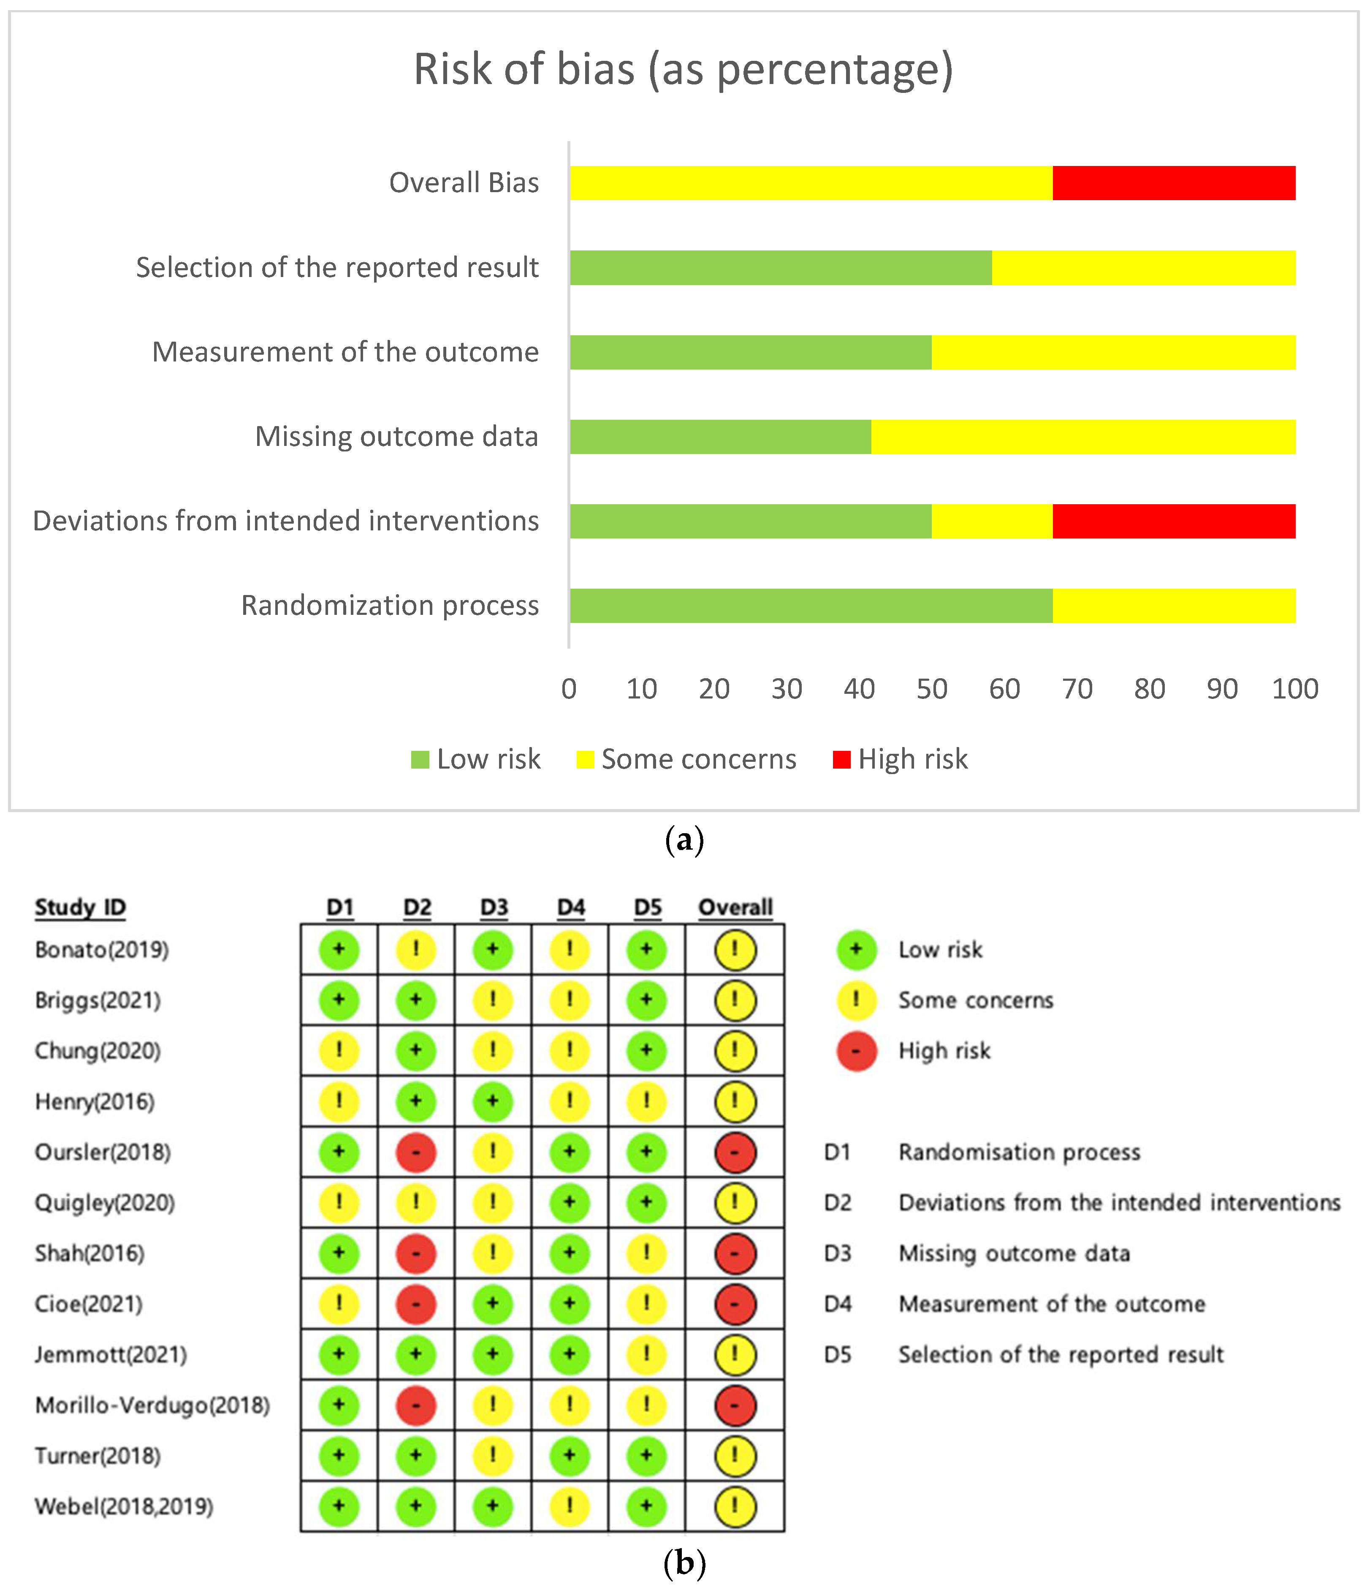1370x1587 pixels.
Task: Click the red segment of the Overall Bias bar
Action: [1173, 183]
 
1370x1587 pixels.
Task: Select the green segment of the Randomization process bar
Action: [810, 606]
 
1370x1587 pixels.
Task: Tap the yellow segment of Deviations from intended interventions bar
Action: [992, 522]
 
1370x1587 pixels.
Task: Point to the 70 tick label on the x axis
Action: [1077, 689]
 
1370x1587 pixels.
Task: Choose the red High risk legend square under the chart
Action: [841, 760]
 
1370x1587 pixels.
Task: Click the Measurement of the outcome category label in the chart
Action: [345, 352]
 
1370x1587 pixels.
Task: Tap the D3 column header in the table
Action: [494, 908]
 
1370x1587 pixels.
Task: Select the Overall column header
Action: [735, 908]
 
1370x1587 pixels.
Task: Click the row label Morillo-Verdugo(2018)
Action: [152, 1405]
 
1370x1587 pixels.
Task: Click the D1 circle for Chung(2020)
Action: [339, 1051]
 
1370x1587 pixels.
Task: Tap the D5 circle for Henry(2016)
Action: [646, 1101]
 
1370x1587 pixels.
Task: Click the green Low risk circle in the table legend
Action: [856, 950]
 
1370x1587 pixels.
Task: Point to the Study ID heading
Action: [80, 908]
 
